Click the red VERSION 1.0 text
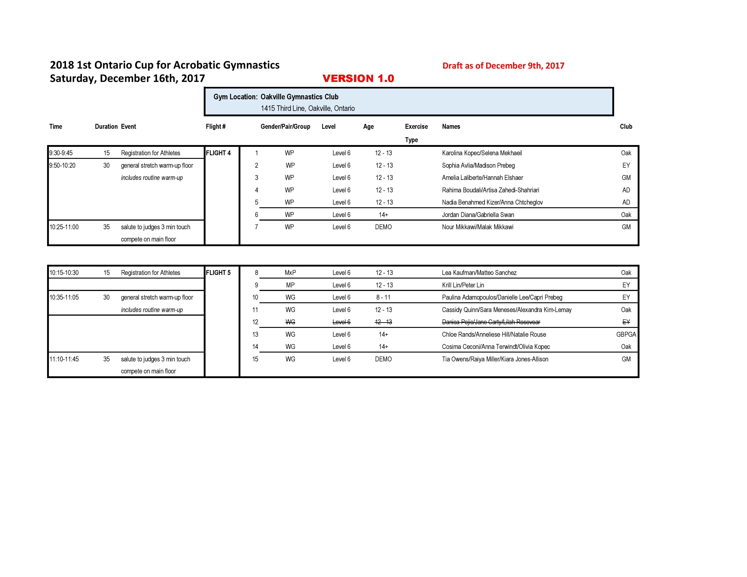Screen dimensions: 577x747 click(358, 79)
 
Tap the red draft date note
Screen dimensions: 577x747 click(503, 66)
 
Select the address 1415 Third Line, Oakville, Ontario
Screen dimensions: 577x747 click(307, 108)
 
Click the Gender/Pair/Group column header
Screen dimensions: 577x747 click(285, 126)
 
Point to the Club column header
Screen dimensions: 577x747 click(626, 126)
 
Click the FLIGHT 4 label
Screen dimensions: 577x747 click(218, 153)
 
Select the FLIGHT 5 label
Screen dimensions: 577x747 click(218, 273)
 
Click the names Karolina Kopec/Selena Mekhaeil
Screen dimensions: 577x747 click(482, 153)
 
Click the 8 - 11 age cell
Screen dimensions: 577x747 click(383, 297)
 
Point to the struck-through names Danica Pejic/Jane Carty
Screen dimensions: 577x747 click(491, 322)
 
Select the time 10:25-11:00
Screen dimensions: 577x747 click(64, 227)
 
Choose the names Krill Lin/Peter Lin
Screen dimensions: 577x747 click(463, 285)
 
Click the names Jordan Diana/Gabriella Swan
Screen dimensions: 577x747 click(478, 215)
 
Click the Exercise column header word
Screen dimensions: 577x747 click(416, 126)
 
